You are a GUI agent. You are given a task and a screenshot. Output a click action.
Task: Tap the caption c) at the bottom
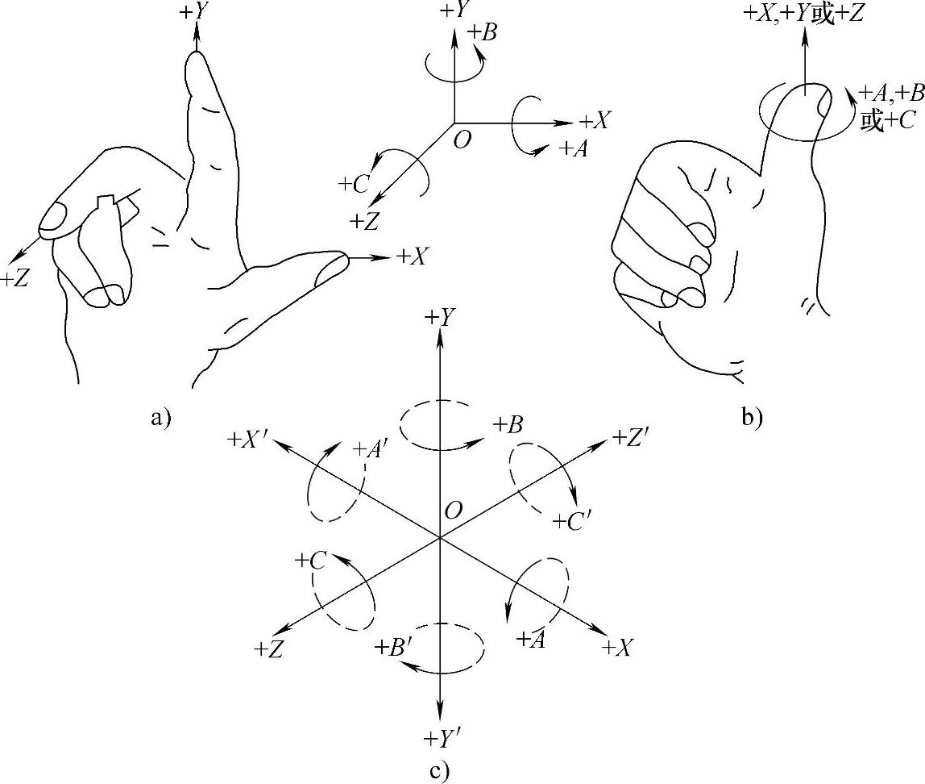point(439,771)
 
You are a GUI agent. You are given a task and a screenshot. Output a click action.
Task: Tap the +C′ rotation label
point(571,522)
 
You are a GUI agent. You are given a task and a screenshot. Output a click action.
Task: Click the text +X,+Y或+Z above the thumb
point(802,14)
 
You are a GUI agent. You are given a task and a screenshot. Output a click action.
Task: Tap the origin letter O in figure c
point(454,510)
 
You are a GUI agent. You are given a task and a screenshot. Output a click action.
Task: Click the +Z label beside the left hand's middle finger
point(15,279)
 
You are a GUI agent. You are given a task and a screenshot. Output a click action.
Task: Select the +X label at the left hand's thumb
point(412,256)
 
